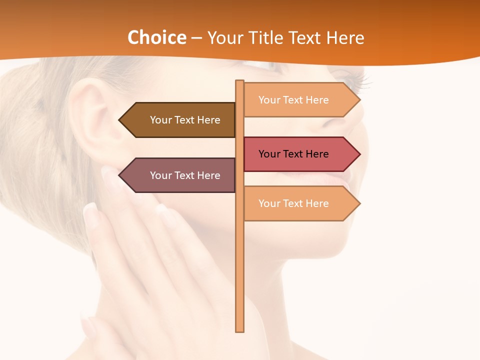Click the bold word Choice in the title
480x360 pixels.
click(156, 37)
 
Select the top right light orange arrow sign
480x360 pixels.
click(300, 100)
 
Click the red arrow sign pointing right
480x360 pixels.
click(300, 154)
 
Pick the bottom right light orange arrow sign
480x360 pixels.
click(300, 203)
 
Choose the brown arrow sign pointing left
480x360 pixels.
click(180, 120)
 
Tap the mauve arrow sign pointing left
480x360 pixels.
click(180, 175)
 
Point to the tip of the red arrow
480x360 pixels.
click(359, 154)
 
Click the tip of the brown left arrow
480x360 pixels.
click(119, 120)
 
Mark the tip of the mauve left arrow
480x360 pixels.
click(119, 175)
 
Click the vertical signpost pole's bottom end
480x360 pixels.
click(240, 330)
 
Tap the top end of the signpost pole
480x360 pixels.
click(240, 81)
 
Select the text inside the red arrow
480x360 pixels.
click(293, 154)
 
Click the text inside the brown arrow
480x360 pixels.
click(185, 120)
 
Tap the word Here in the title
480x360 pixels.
click(345, 37)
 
